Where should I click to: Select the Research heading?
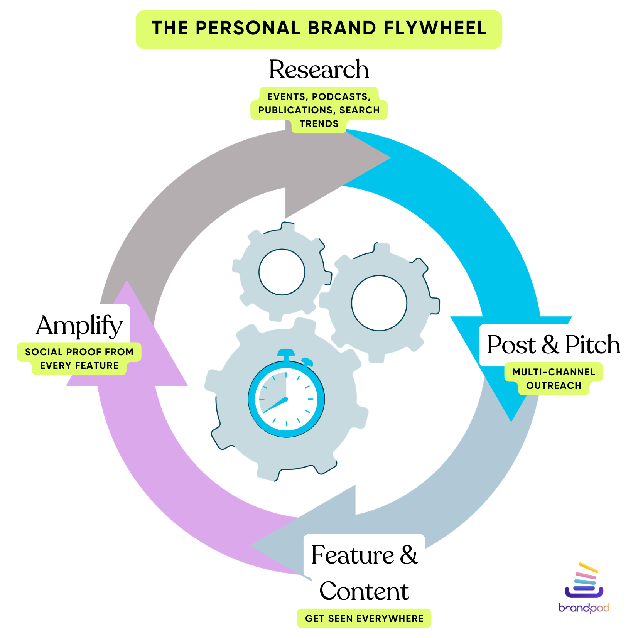[319, 69]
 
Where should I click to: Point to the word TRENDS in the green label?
[319, 124]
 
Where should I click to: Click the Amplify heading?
[79, 325]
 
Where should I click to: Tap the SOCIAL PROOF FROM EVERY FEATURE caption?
[79, 359]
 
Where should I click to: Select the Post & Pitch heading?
[553, 344]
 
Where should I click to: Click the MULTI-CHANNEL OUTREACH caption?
[553, 379]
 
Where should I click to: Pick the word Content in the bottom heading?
[364, 591]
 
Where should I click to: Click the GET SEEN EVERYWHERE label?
[364, 619]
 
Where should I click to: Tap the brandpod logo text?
[584, 608]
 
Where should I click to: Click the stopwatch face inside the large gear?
[286, 399]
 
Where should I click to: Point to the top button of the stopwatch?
[286, 353]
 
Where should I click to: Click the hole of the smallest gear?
[282, 272]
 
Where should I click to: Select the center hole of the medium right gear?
[379, 303]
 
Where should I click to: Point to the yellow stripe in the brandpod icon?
[588, 568]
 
